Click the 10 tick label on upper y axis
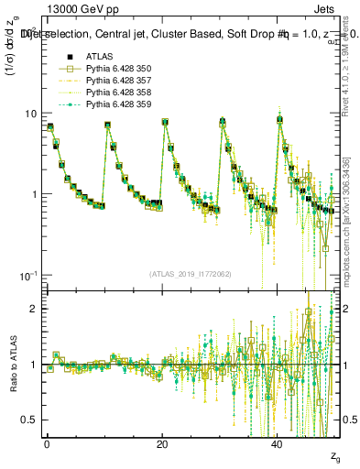tap(30, 114)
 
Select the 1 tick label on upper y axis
tap(34, 194)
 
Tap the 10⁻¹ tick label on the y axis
tap(28, 275)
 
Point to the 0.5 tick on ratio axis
tap(29, 420)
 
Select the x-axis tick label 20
tap(162, 444)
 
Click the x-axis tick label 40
tap(278, 444)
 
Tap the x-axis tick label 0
tap(47, 444)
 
